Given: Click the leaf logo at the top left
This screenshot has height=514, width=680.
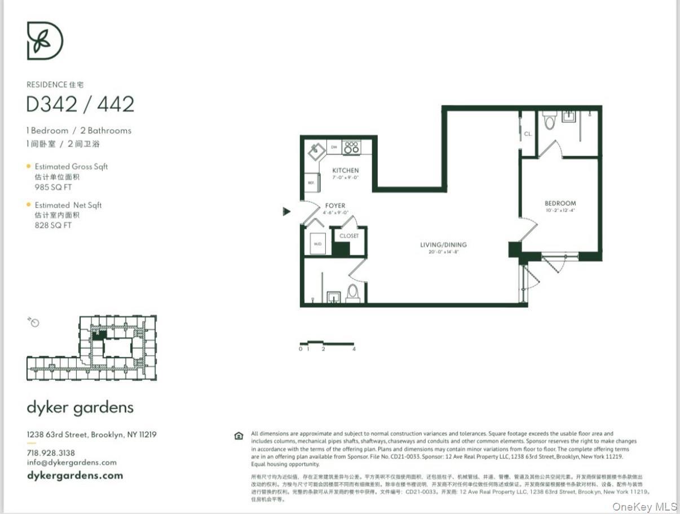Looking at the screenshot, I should (x=45, y=41).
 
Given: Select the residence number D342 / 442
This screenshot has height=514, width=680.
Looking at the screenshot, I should (x=81, y=104).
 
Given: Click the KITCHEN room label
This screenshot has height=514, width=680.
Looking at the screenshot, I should (x=345, y=171).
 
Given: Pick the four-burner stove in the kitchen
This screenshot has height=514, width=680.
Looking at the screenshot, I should (x=351, y=148).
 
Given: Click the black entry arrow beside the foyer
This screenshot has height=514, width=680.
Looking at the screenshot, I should (x=286, y=211).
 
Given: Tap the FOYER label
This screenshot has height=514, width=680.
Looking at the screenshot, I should (x=335, y=206).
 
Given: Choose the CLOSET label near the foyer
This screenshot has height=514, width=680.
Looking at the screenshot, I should (x=349, y=236).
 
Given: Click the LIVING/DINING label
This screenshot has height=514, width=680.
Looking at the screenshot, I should (x=443, y=245).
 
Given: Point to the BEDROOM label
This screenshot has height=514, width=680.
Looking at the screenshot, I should (x=560, y=203).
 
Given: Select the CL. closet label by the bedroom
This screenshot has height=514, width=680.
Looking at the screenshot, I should (x=528, y=134).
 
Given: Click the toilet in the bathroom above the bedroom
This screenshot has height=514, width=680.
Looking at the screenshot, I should (x=549, y=121).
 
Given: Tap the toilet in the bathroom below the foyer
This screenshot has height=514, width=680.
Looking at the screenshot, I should (x=352, y=293).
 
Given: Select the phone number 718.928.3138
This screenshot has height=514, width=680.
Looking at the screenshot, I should (x=51, y=453).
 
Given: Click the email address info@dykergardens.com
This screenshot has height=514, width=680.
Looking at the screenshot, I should (x=72, y=462).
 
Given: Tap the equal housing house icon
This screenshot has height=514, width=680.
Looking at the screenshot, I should (x=239, y=436).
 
